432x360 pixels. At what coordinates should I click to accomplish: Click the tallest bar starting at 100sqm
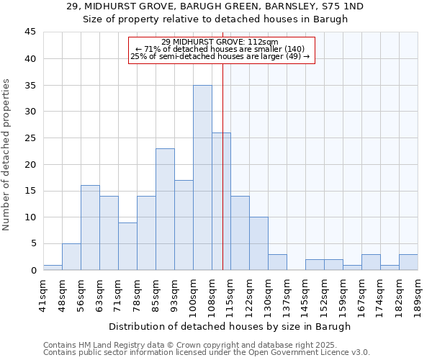202,177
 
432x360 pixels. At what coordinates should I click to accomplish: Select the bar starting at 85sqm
165,209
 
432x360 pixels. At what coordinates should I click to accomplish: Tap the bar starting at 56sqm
90,228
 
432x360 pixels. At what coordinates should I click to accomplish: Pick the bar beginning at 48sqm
71,256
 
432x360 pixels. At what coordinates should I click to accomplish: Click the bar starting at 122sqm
258,243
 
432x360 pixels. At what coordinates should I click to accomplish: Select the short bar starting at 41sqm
53,267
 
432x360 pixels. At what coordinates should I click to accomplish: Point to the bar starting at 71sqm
127,246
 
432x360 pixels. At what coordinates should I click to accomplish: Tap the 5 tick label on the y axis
33,243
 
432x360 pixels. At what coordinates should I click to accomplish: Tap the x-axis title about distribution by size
230,326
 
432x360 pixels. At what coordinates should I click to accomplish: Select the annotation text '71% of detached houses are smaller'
222,49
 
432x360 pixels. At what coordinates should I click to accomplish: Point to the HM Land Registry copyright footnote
187,345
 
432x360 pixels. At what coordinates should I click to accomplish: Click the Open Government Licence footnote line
207,352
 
